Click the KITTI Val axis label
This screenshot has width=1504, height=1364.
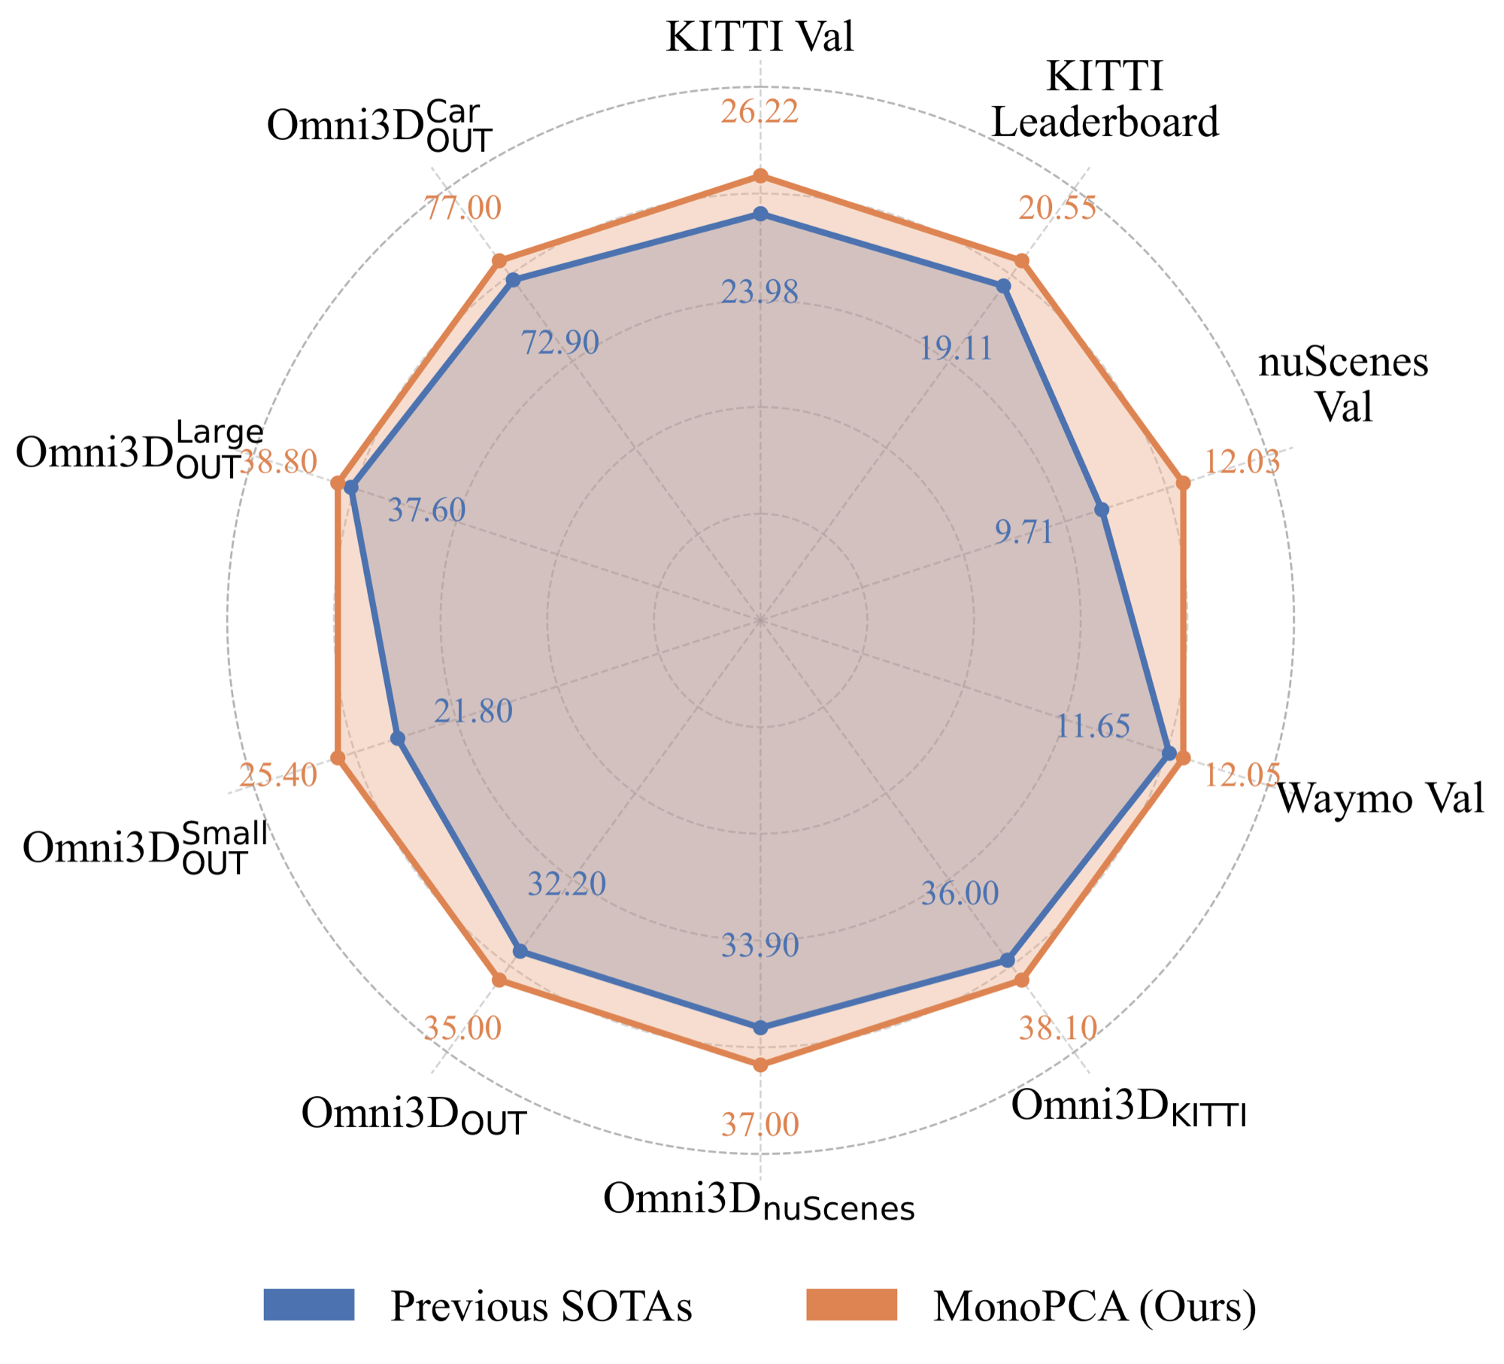tap(760, 36)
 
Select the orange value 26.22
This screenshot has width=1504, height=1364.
tap(760, 112)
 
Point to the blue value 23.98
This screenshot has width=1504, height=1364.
tap(760, 292)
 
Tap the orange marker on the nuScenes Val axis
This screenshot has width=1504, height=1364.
tap(1183, 484)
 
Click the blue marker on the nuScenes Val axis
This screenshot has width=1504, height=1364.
tap(1102, 510)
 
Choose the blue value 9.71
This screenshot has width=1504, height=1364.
tap(1024, 532)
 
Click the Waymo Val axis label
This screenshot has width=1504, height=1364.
tap(1381, 798)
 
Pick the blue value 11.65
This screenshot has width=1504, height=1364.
tap(1093, 726)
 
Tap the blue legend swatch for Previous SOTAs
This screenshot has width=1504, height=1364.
tap(309, 1305)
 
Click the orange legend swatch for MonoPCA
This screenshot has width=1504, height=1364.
tap(852, 1305)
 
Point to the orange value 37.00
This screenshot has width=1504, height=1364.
tap(760, 1125)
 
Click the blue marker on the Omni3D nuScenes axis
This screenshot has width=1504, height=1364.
tap(761, 1028)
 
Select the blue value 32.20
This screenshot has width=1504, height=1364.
tap(566, 884)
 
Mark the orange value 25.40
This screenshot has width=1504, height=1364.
tap(278, 775)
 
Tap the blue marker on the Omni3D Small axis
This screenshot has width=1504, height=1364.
tap(398, 740)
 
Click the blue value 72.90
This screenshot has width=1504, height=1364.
tap(560, 343)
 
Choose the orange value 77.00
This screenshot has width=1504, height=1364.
tap(462, 208)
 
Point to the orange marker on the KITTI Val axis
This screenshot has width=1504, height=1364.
tap(761, 176)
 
